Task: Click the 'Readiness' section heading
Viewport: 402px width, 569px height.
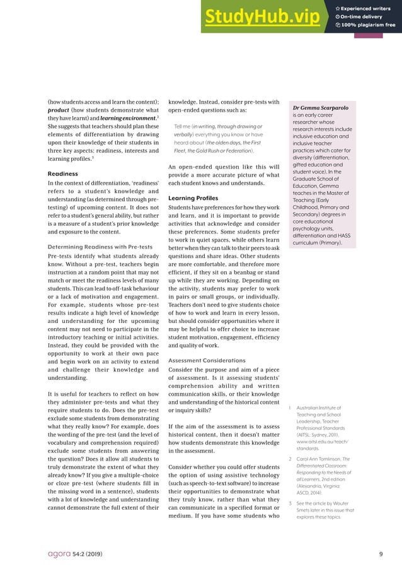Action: [x=63, y=173]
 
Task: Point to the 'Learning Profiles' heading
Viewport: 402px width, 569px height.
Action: [x=193, y=198]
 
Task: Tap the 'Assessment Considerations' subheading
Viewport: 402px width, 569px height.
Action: [x=207, y=360]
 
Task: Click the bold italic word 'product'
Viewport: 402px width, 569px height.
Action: [x=60, y=110]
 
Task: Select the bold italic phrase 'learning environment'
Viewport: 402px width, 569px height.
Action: [x=134, y=118]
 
